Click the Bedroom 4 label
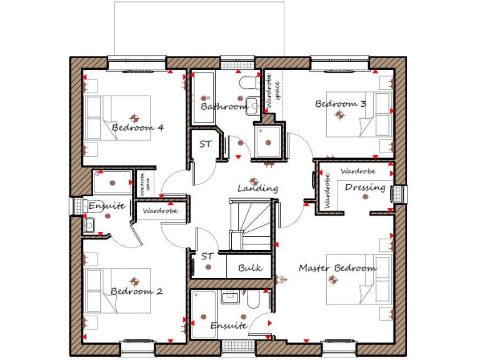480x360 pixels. (137, 128)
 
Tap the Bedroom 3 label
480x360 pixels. (340, 104)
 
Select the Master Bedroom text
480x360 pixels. (337, 268)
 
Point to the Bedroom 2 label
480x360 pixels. (137, 291)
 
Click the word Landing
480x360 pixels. (257, 188)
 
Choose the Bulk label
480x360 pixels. (250, 268)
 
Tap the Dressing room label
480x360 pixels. (365, 187)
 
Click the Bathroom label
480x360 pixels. (224, 107)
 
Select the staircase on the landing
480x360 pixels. (251, 222)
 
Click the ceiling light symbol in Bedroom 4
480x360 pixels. (133, 116)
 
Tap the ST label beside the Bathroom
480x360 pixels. (205, 144)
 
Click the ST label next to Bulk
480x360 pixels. (207, 256)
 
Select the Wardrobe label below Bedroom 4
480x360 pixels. (160, 211)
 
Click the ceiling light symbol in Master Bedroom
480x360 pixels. (334, 281)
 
